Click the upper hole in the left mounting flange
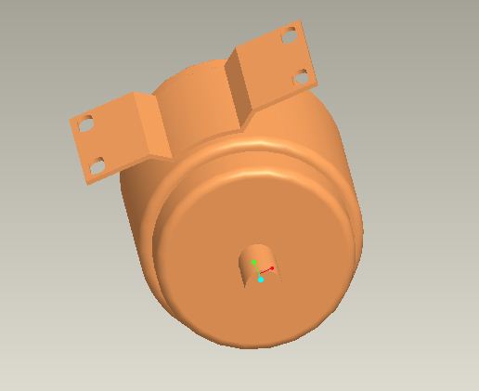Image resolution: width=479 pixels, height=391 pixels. coord(85,123)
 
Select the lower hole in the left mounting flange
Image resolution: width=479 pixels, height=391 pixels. coord(96,166)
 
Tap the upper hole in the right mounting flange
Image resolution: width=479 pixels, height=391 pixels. coord(289,38)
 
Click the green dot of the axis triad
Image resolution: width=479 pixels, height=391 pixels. coord(253,263)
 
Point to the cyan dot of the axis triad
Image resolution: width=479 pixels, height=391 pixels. coord(261,279)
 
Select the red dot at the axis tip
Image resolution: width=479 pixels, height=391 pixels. coord(272,268)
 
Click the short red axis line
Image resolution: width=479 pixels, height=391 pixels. coord(265,270)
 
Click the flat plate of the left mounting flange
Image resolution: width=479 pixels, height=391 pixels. coord(110,139)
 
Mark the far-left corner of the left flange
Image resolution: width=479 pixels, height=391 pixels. coord(71,117)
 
